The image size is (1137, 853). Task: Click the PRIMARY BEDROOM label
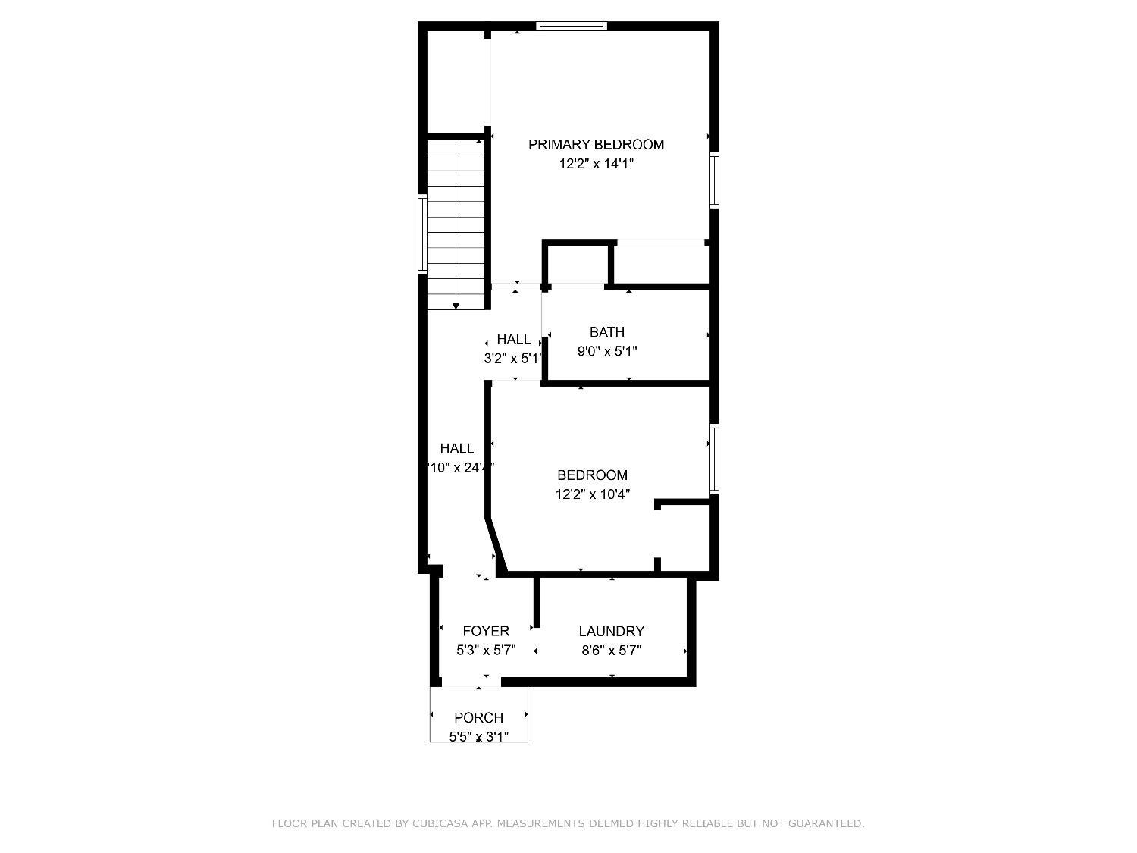[596, 145]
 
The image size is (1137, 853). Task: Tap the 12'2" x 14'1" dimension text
[596, 164]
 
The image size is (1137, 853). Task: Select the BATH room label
[607, 332]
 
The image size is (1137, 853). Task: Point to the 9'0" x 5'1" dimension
[607, 352]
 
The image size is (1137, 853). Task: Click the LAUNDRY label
[611, 632]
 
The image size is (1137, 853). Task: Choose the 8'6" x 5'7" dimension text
[611, 651]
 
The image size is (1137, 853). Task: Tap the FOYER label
[486, 631]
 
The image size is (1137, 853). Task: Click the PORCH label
[478, 717]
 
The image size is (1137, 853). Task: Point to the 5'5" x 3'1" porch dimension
[478, 736]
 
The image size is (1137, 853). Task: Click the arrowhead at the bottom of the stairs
[456, 306]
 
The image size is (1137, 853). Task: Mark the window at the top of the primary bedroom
[572, 26]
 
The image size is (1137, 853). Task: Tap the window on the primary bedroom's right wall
[714, 180]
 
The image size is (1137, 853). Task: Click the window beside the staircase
[423, 234]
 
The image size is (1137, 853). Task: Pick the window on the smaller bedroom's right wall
[714, 459]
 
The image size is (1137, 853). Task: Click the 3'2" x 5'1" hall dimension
[513, 359]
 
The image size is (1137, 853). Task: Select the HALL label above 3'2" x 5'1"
[513, 340]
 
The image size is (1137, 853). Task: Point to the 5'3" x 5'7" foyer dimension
[486, 651]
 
